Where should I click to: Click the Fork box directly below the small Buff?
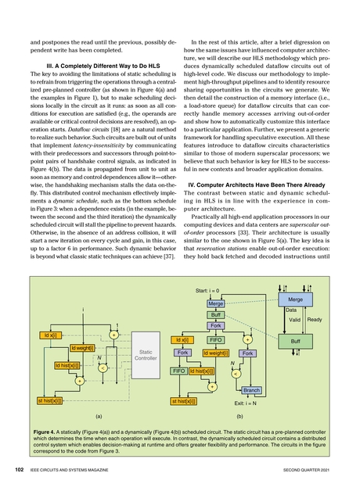(x=216, y=324)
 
